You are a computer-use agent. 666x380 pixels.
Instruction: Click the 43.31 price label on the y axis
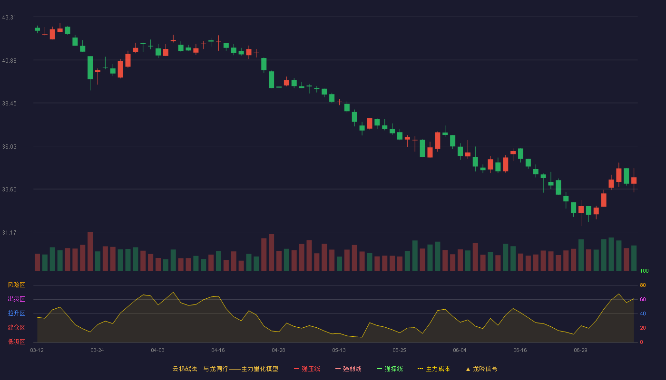tap(9, 18)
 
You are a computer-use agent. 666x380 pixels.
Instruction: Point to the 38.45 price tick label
tap(9, 104)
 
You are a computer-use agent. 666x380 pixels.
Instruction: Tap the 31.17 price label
tap(9, 233)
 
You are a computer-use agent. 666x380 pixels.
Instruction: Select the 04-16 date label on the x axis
tap(218, 351)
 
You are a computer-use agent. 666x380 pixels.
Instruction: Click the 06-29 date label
tap(580, 351)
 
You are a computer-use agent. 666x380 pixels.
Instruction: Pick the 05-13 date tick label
tap(339, 351)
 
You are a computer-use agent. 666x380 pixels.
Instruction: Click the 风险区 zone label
tap(16, 285)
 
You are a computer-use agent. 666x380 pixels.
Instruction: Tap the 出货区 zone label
tap(16, 299)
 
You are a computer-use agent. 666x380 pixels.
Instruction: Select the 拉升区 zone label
tap(16, 313)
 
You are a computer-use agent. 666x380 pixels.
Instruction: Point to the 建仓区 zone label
tap(16, 327)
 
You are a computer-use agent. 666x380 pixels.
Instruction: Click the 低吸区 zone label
tap(16, 342)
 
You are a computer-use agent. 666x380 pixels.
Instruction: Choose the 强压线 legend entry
tap(307, 369)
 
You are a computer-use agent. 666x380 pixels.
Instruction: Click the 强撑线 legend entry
tap(390, 369)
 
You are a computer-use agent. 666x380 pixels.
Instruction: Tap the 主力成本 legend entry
tap(434, 369)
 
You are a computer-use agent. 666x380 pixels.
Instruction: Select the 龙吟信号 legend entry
tap(481, 369)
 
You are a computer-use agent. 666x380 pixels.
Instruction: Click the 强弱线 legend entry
tap(348, 369)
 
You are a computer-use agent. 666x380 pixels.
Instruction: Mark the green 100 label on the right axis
tap(644, 271)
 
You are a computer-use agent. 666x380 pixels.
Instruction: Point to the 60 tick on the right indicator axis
tap(643, 299)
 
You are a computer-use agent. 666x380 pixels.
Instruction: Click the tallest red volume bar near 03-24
tap(90, 251)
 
